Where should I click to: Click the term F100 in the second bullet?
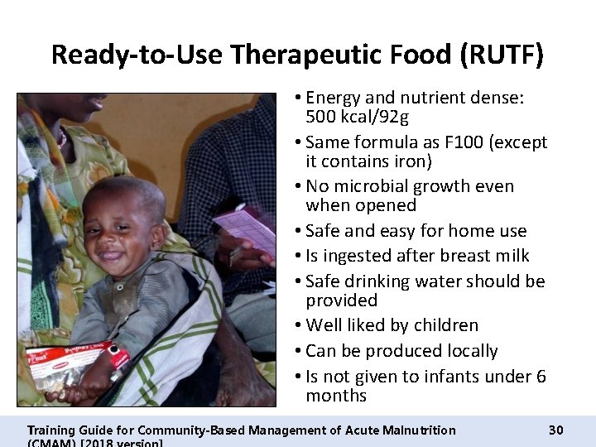click(x=463, y=142)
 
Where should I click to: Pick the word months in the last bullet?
click(x=335, y=396)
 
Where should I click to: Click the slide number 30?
click(x=555, y=430)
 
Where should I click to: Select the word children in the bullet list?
click(x=445, y=325)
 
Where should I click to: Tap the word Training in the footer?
click(x=52, y=430)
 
